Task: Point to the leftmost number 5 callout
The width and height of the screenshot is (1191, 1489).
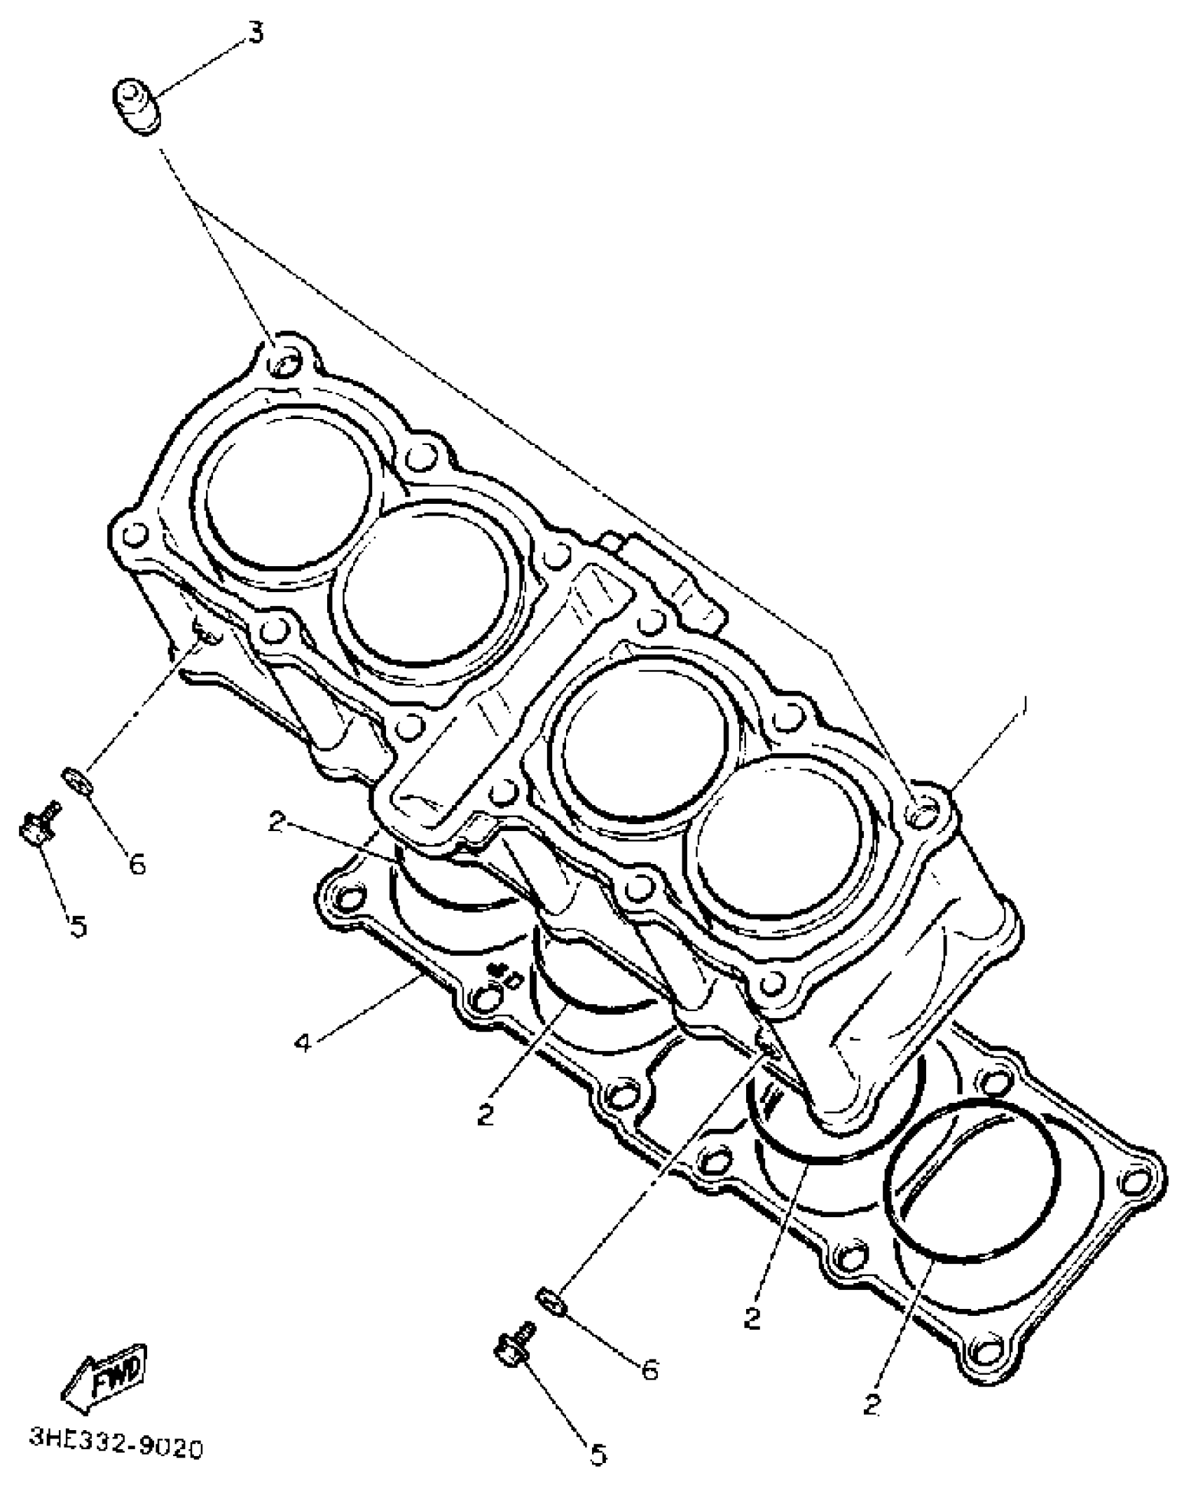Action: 79,927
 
